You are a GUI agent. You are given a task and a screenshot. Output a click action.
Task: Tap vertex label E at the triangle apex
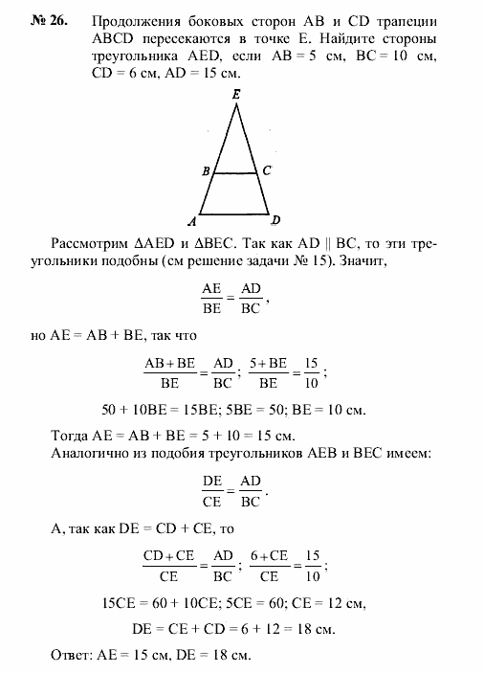click(x=235, y=95)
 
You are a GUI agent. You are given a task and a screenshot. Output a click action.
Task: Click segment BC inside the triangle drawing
click(x=235, y=173)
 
